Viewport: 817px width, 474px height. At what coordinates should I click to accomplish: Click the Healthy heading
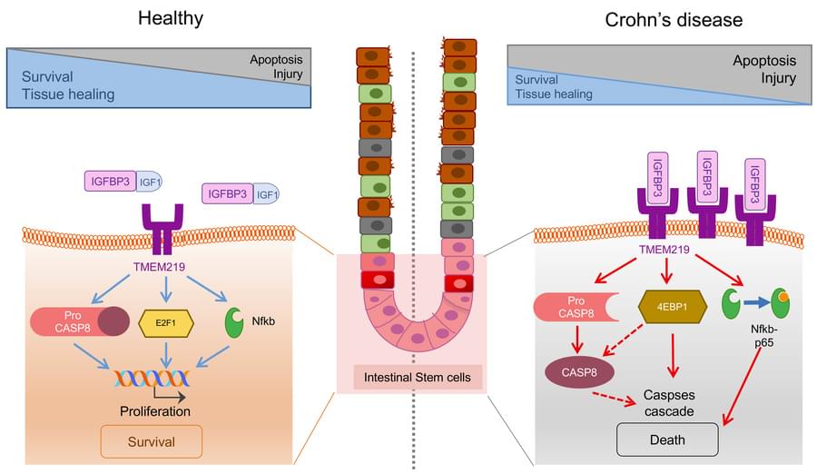tap(170, 18)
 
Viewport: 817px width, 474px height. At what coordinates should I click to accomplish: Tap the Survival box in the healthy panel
tap(152, 442)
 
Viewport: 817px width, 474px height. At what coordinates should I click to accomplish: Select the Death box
tap(667, 440)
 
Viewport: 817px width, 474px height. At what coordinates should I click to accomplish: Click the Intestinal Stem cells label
tap(411, 377)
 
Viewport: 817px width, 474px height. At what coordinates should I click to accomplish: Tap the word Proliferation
tap(155, 410)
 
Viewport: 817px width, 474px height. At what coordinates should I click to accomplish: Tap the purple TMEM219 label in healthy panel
tap(164, 270)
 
